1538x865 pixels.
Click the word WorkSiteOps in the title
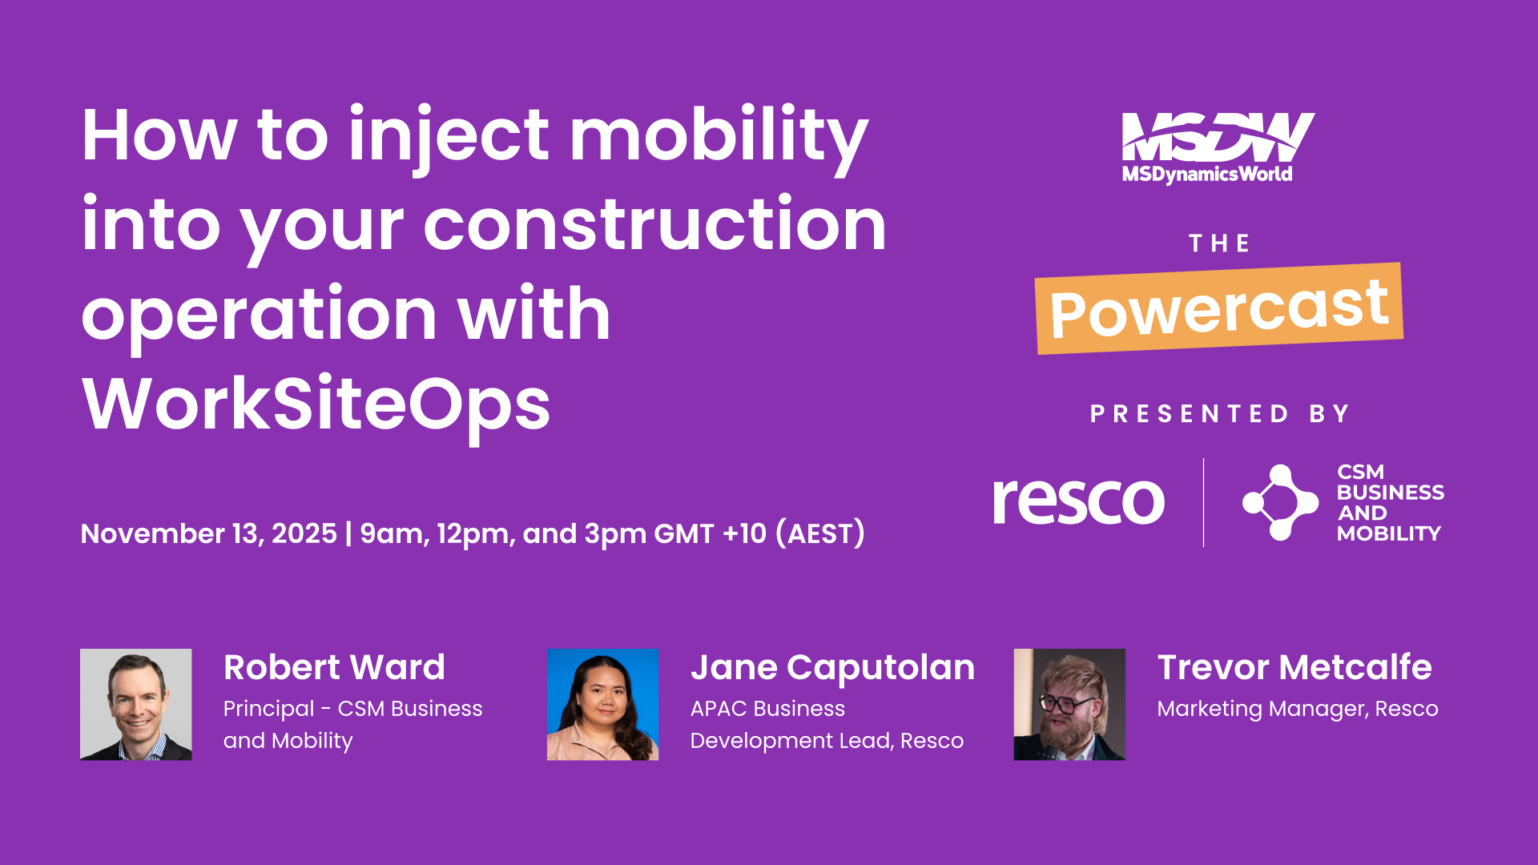[316, 404]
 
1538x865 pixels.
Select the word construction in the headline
[654, 226]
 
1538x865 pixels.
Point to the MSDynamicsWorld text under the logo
[1207, 175]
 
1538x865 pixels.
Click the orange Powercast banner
[1218, 309]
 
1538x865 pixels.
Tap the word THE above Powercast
[1219, 243]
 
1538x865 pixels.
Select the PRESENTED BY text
[1220, 414]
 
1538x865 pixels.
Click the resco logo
[1078, 501]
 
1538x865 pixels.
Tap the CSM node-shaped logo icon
[1279, 502]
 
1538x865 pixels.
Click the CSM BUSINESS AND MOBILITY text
[1390, 503]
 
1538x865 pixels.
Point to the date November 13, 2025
[208, 534]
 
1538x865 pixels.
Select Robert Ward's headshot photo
[136, 704]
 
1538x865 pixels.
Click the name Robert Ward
[334, 667]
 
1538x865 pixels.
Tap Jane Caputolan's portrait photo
[602, 704]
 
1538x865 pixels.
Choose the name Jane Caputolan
[832, 667]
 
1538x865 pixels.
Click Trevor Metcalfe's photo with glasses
[1069, 704]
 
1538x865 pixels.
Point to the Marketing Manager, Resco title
[1297, 709]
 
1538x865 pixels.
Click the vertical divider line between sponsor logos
[1203, 502]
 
